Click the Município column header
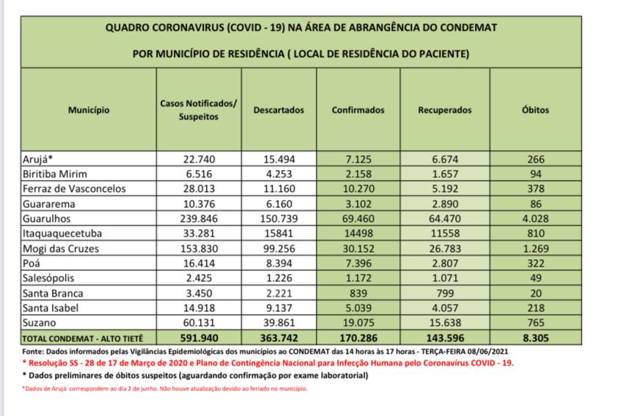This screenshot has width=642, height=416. (89, 111)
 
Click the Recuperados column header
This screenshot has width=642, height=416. (445, 111)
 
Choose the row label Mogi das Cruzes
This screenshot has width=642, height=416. (61, 248)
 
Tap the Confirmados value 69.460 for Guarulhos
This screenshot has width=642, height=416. (358, 218)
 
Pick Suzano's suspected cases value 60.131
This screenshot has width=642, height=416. (198, 323)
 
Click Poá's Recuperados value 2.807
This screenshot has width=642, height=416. (445, 263)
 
